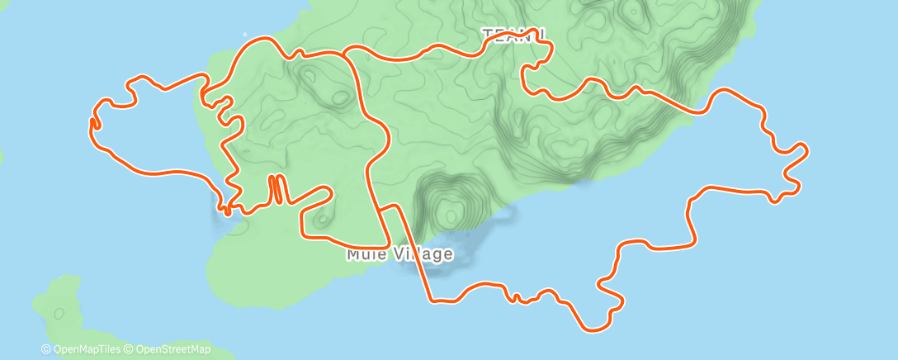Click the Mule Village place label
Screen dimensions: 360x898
[x=399, y=253]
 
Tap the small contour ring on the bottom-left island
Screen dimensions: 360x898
[x=59, y=313]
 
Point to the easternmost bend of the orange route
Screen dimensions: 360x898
[x=806, y=149]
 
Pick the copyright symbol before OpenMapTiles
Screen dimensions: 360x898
[x=45, y=348]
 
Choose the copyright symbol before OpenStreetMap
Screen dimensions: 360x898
[x=130, y=348]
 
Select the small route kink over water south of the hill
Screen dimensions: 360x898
[x=515, y=296]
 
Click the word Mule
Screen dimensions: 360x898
[x=363, y=253]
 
